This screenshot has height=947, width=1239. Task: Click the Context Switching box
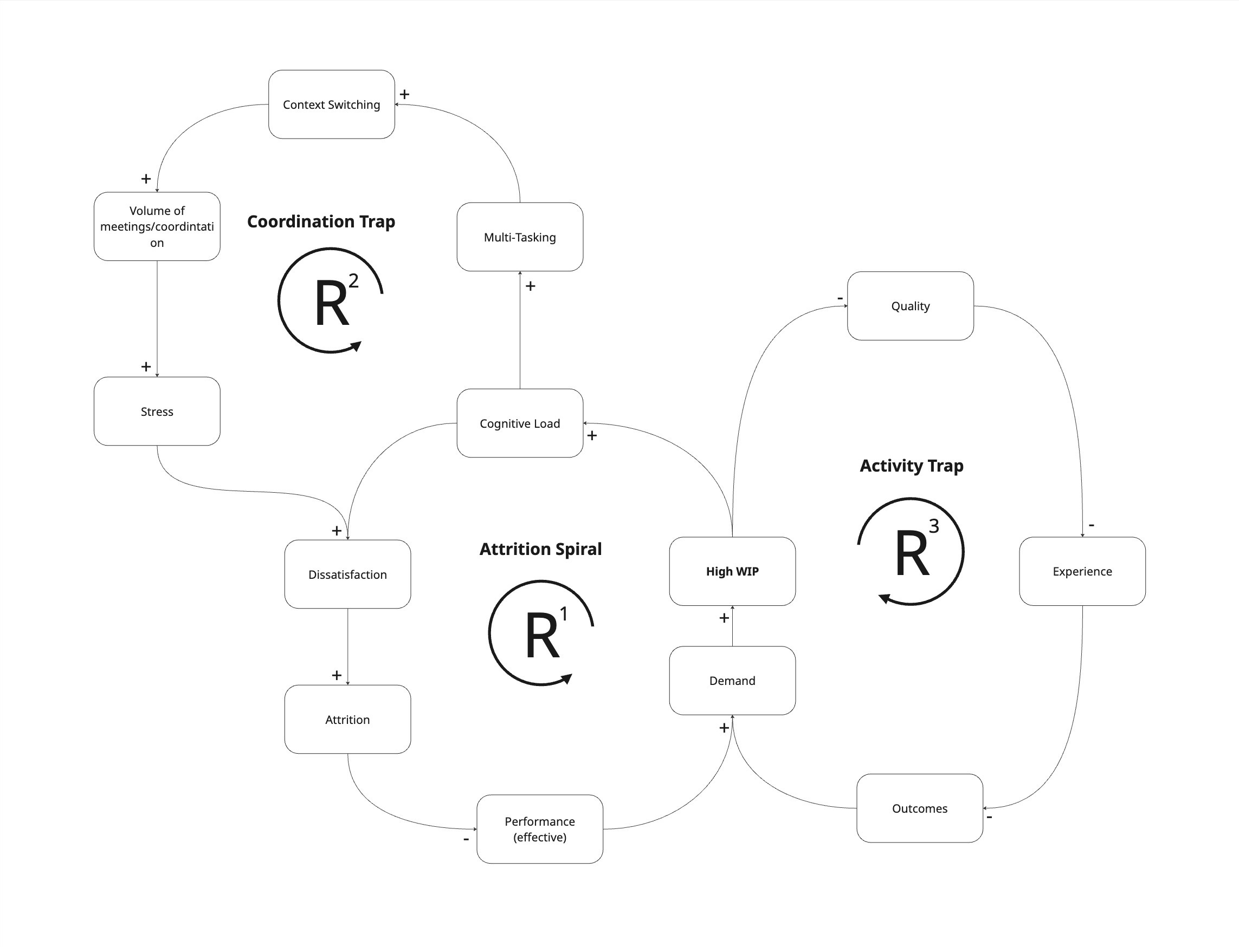(x=331, y=105)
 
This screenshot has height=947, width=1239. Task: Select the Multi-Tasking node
(x=520, y=237)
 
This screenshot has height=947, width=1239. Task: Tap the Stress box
(x=157, y=411)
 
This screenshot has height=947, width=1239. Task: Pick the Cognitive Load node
(x=520, y=423)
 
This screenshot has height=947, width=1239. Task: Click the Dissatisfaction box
(x=347, y=574)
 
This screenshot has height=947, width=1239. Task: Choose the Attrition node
(x=347, y=719)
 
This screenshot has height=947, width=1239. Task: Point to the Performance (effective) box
(x=540, y=828)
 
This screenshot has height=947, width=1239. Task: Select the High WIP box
(x=732, y=571)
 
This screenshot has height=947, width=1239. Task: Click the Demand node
(x=732, y=681)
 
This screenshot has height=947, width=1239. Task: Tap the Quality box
(x=911, y=305)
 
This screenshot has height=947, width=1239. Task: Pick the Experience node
(x=1082, y=571)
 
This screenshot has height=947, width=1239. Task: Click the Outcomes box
(x=920, y=808)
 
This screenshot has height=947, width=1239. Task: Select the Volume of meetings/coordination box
(x=157, y=226)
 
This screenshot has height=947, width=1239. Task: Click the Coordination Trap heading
(x=321, y=221)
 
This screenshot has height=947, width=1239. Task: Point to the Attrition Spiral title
(x=540, y=549)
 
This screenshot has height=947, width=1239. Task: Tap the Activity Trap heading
(x=912, y=466)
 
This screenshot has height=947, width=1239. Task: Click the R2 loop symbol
(x=331, y=301)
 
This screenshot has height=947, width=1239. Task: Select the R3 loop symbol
(x=911, y=551)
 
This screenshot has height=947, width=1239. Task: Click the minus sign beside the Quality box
(x=840, y=298)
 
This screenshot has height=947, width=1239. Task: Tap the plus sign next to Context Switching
(x=404, y=94)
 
